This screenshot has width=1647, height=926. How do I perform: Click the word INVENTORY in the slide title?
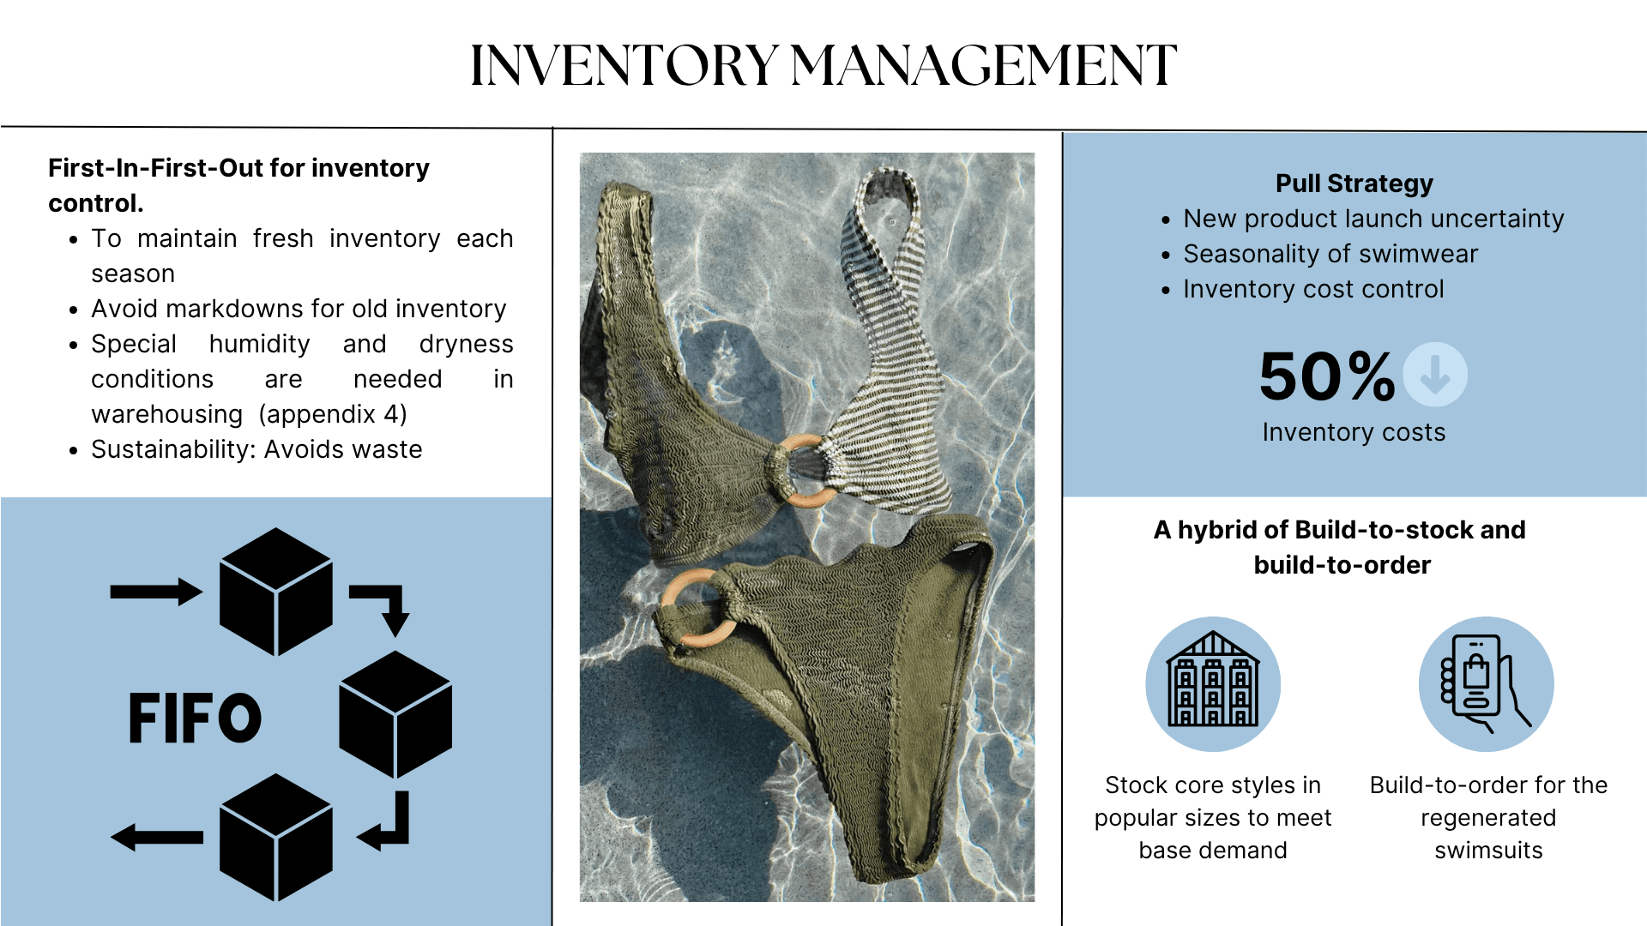624,66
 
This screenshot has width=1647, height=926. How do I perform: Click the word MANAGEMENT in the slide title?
983,66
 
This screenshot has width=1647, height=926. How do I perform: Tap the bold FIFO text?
195,718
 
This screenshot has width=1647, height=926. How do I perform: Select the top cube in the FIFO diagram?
275,592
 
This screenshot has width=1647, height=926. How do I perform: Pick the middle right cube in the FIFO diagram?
395,714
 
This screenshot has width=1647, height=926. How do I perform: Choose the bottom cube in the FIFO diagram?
275,838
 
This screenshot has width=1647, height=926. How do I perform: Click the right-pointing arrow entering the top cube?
156,592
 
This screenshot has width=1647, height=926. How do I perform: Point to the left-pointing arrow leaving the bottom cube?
156,837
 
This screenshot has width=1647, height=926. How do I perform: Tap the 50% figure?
1326,376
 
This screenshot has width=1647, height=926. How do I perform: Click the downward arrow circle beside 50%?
1434,375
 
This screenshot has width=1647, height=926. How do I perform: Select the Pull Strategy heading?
1354,183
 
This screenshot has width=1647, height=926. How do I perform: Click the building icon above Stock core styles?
1213,683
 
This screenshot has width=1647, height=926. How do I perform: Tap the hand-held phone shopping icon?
1486,683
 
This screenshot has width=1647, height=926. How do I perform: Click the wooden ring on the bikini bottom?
697,608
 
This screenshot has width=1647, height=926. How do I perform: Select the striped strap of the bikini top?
892,283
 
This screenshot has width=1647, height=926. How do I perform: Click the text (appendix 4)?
333,414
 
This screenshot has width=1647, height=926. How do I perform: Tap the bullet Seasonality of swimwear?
1330,254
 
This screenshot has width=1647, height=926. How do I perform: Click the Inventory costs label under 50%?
1354,432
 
